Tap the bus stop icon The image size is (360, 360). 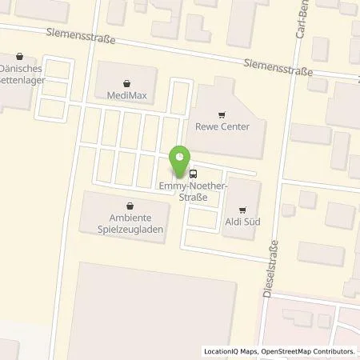[193, 174]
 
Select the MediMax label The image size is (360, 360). [126, 95]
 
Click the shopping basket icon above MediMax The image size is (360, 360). [126, 82]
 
